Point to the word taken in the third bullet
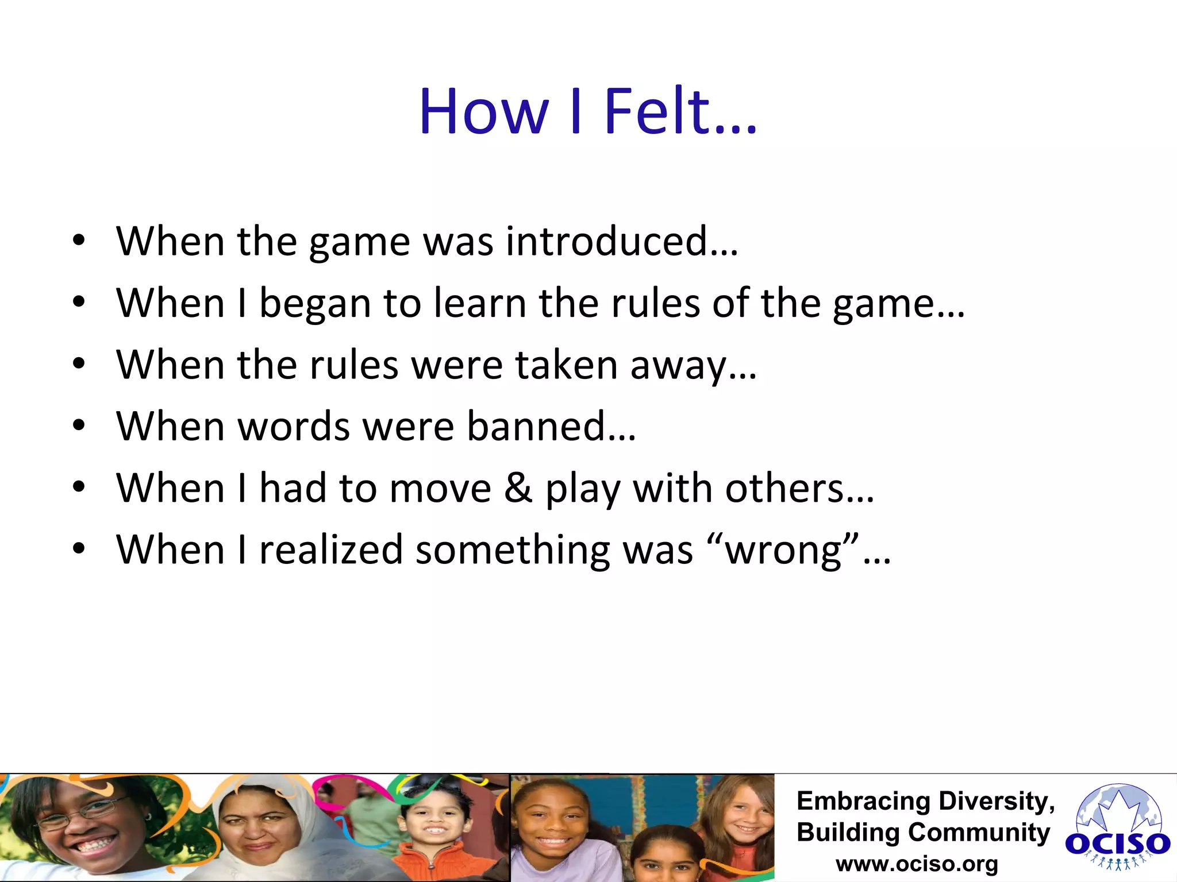point(566,365)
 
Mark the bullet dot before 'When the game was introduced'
point(79,241)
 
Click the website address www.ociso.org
point(917,864)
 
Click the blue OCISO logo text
point(1117,844)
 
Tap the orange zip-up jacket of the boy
point(428,861)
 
